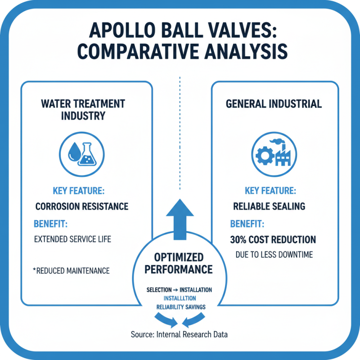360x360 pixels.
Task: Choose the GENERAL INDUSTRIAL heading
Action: click(274, 104)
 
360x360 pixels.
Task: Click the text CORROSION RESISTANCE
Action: click(81, 207)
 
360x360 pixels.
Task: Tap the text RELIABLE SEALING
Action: click(269, 207)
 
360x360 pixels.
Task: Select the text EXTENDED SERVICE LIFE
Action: click(72, 239)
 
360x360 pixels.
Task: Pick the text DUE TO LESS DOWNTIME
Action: click(274, 255)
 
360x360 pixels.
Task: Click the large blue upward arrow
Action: click(180, 220)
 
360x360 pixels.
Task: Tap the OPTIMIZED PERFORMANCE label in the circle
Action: click(180, 264)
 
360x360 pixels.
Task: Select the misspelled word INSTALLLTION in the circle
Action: click(180, 298)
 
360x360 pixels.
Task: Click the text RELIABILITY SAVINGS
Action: click(180, 307)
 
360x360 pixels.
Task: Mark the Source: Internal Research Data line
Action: click(180, 335)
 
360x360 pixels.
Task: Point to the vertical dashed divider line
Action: click(180, 135)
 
